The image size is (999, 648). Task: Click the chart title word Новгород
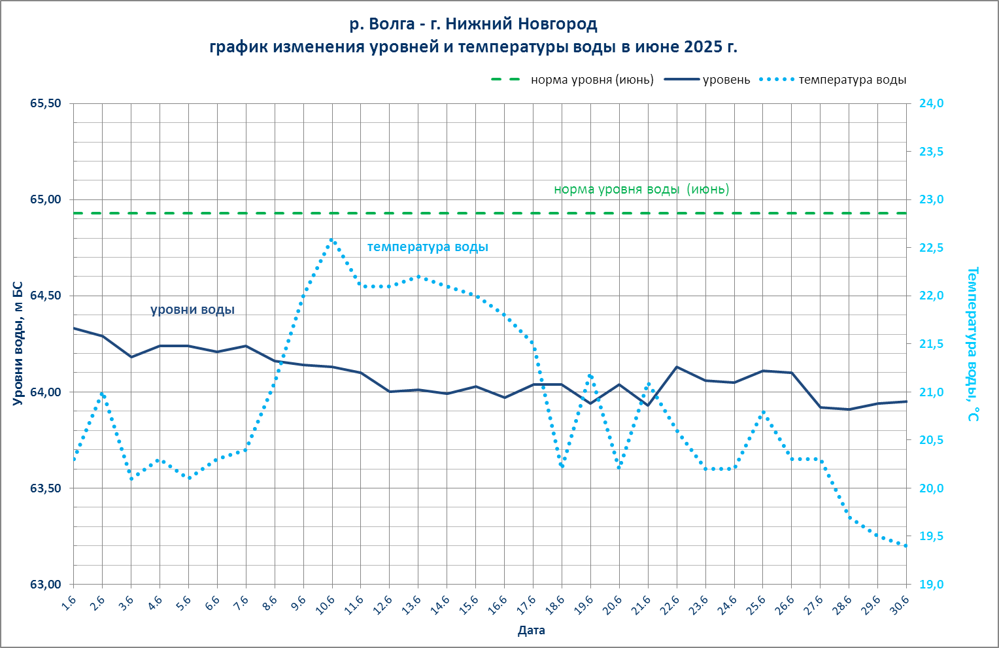click(x=557, y=25)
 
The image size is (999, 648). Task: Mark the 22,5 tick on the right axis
click(x=931, y=248)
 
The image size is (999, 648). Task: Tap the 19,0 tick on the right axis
click(x=931, y=585)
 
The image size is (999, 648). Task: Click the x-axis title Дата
click(x=531, y=631)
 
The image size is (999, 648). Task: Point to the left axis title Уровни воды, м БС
click(x=18, y=343)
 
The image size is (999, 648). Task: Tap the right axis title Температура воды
click(x=973, y=343)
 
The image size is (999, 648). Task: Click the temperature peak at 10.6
click(x=332, y=239)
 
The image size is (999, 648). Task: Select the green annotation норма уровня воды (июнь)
click(x=641, y=190)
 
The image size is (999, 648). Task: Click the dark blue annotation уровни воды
click(x=192, y=310)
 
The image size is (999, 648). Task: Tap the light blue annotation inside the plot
click(x=428, y=247)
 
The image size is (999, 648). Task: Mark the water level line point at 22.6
click(x=677, y=367)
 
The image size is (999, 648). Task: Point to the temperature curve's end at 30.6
click(x=906, y=546)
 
